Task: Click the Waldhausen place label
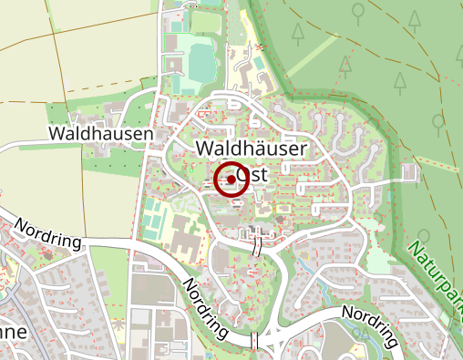point(100,133)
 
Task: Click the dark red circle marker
point(231,180)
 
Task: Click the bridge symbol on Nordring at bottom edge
point(256,341)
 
